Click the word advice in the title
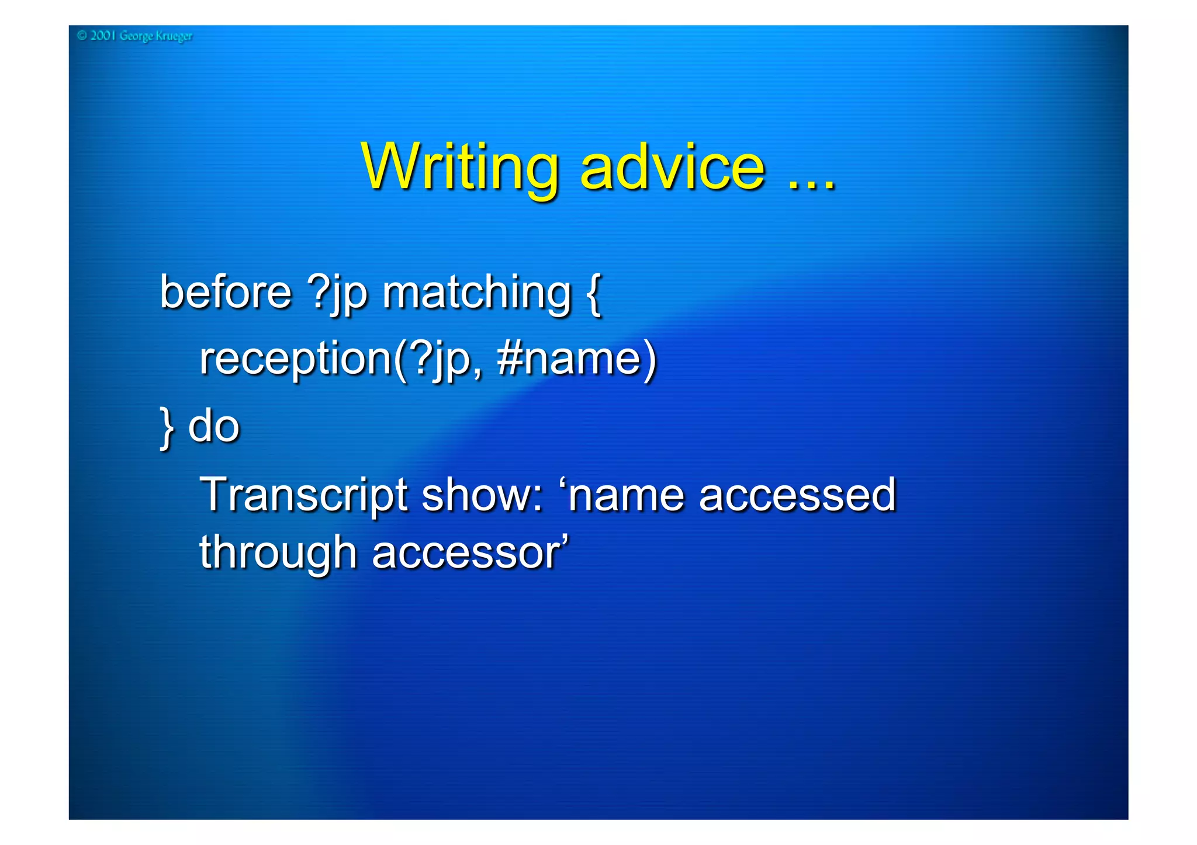[x=672, y=168]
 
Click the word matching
[x=476, y=294]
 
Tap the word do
[x=214, y=426]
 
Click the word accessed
[x=797, y=495]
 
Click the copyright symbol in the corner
[x=82, y=36]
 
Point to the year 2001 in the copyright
[x=103, y=36]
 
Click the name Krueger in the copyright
[x=174, y=36]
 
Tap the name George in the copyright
[x=136, y=36]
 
